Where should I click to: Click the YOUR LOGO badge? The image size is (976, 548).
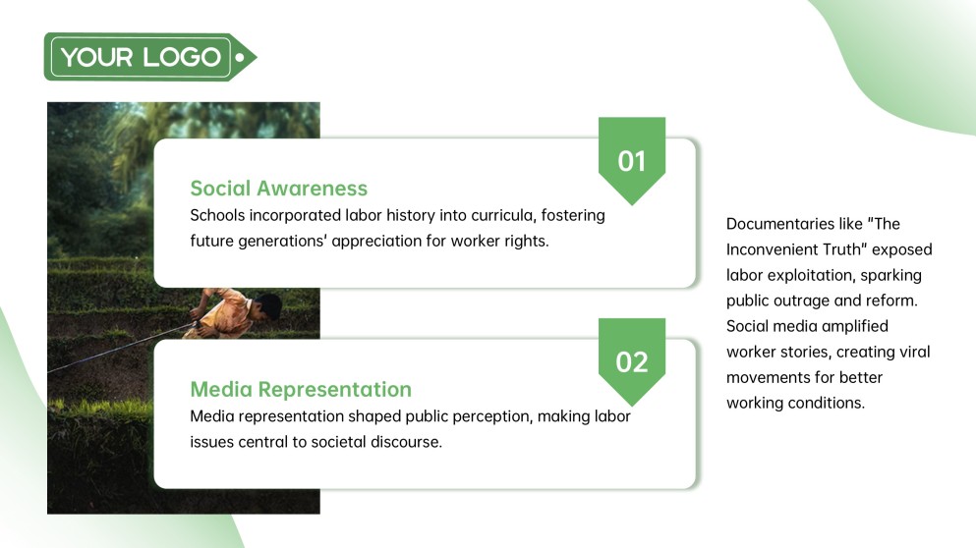[142, 57]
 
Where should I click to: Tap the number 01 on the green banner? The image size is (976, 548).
[631, 161]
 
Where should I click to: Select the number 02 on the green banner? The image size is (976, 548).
[631, 361]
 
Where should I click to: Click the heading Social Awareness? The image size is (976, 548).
[278, 188]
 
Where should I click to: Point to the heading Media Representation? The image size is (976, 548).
[300, 389]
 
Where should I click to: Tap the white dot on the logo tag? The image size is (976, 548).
[240, 57]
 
